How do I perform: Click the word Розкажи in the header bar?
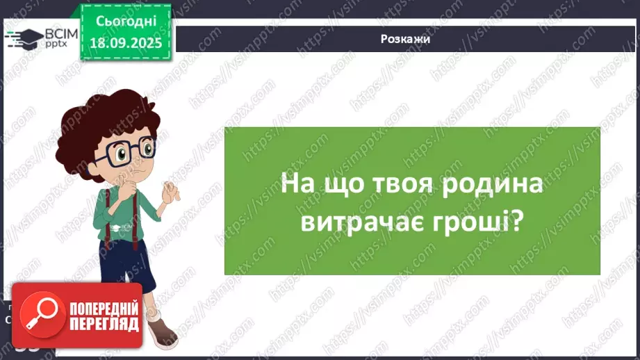click(x=406, y=39)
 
